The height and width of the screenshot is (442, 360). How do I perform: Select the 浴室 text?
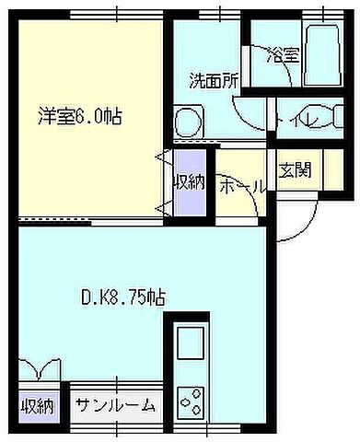[282, 54]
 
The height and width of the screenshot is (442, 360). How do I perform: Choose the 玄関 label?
[295, 169]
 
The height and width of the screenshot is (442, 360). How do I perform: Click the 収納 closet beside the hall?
[190, 180]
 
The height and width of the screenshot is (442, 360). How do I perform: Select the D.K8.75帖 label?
[122, 297]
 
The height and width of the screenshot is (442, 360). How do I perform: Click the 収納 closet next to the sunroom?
[38, 406]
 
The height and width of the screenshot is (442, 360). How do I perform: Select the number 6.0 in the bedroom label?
[93, 117]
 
